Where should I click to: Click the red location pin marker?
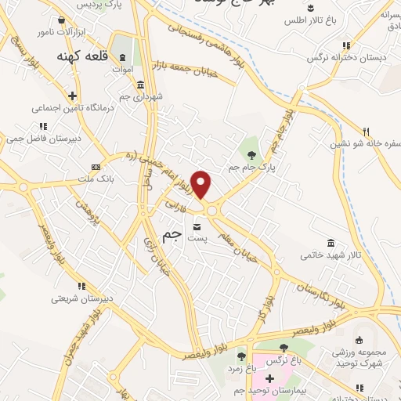click(202, 184)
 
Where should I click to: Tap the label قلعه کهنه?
click(81, 57)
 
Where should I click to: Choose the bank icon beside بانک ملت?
click(96, 166)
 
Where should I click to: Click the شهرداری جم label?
click(141, 96)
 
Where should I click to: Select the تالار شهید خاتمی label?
click(331, 255)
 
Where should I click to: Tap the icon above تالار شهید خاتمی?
click(331, 242)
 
